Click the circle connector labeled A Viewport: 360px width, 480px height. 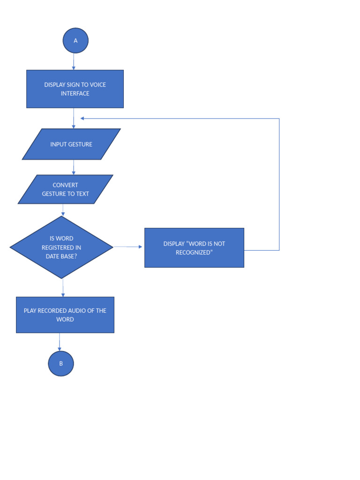click(x=75, y=40)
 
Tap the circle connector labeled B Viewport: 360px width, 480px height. click(x=61, y=363)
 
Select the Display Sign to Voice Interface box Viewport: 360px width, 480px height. click(x=75, y=89)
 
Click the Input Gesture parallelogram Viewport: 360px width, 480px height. click(x=71, y=144)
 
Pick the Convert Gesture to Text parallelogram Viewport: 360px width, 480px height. click(x=66, y=189)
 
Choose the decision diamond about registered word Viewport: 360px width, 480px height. click(x=61, y=247)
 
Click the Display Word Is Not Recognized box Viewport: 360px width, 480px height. click(x=194, y=247)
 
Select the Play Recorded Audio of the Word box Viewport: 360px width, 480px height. click(x=65, y=315)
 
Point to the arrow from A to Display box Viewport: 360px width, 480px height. click(x=74, y=61)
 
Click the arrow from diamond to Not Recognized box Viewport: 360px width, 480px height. click(x=128, y=247)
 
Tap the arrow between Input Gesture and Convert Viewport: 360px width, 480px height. click(x=74, y=167)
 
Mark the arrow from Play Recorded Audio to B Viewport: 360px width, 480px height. click(x=60, y=342)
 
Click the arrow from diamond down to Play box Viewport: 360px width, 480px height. click(x=63, y=288)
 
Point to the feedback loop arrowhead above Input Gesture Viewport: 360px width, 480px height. click(x=82, y=118)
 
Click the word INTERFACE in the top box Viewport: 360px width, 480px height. click(x=75, y=94)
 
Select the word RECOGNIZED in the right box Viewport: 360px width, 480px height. click(x=194, y=253)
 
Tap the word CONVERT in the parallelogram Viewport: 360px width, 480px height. click(x=66, y=185)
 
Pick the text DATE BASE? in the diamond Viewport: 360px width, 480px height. click(x=61, y=256)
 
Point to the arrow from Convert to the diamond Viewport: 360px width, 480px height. click(x=63, y=210)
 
